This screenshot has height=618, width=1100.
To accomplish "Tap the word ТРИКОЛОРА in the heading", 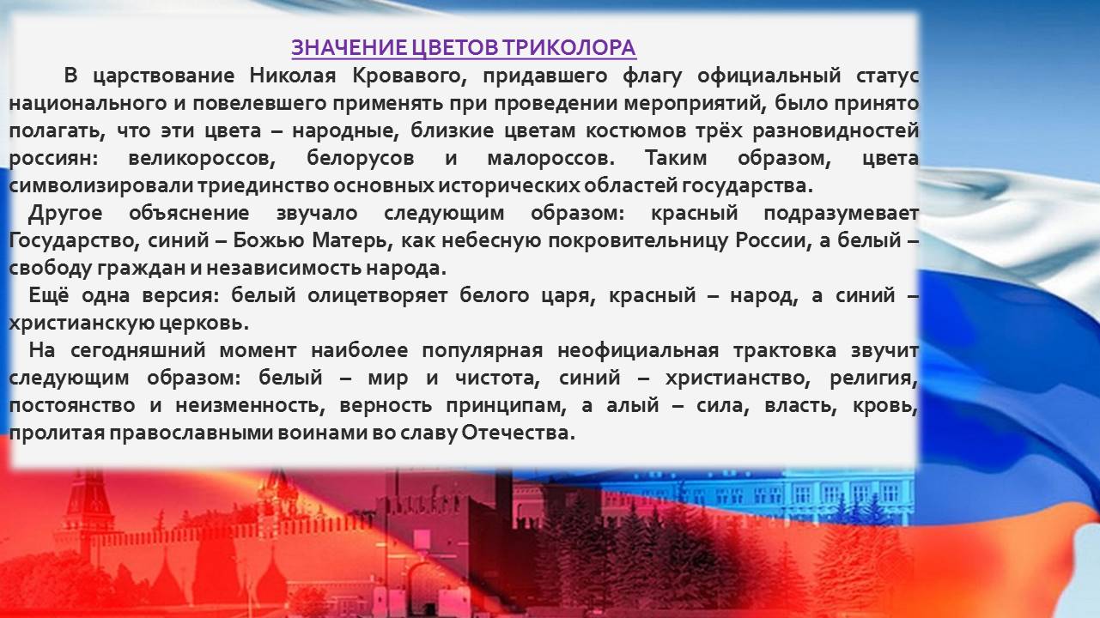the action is point(568,47).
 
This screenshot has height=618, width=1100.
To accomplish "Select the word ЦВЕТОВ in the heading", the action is point(454,47).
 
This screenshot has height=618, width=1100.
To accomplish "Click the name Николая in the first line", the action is point(293,76).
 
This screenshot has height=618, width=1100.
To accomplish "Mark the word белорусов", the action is point(361,159).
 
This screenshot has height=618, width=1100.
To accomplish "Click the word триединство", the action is point(264,186).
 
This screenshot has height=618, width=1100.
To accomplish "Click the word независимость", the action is point(284,269).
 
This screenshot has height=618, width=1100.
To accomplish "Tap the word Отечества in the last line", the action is point(518,433).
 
